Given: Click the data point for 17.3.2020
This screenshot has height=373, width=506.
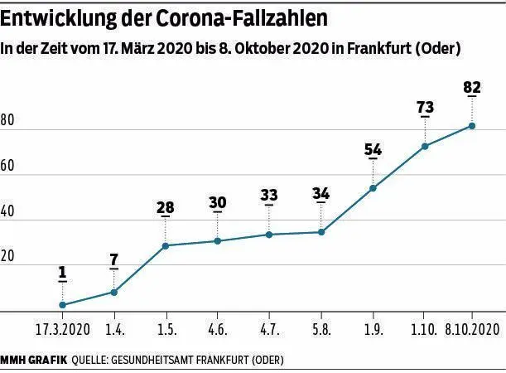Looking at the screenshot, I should [62, 305].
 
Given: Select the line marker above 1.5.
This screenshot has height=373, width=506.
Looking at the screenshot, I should [166, 245].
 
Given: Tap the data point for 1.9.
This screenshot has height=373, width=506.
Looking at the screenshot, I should [373, 188].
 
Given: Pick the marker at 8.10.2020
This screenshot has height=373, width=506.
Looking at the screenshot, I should [472, 126].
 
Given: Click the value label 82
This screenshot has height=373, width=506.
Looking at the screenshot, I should [472, 87].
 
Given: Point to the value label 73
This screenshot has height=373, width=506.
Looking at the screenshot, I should [425, 108].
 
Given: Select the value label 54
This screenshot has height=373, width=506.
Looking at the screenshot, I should [373, 150].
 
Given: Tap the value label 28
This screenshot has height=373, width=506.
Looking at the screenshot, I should [166, 207].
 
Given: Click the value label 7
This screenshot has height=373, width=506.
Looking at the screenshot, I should [113, 259].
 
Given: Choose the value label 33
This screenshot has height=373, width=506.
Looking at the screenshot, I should [269, 196].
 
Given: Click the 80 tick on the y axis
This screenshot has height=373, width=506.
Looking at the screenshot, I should [8, 121].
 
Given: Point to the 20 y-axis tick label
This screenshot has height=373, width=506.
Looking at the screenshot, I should [8, 257].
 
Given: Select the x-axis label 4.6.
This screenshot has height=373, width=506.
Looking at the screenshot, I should [218, 329].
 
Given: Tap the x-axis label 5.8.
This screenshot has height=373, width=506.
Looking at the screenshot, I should [320, 329].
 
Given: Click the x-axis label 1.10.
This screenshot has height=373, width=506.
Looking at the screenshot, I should [425, 329].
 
